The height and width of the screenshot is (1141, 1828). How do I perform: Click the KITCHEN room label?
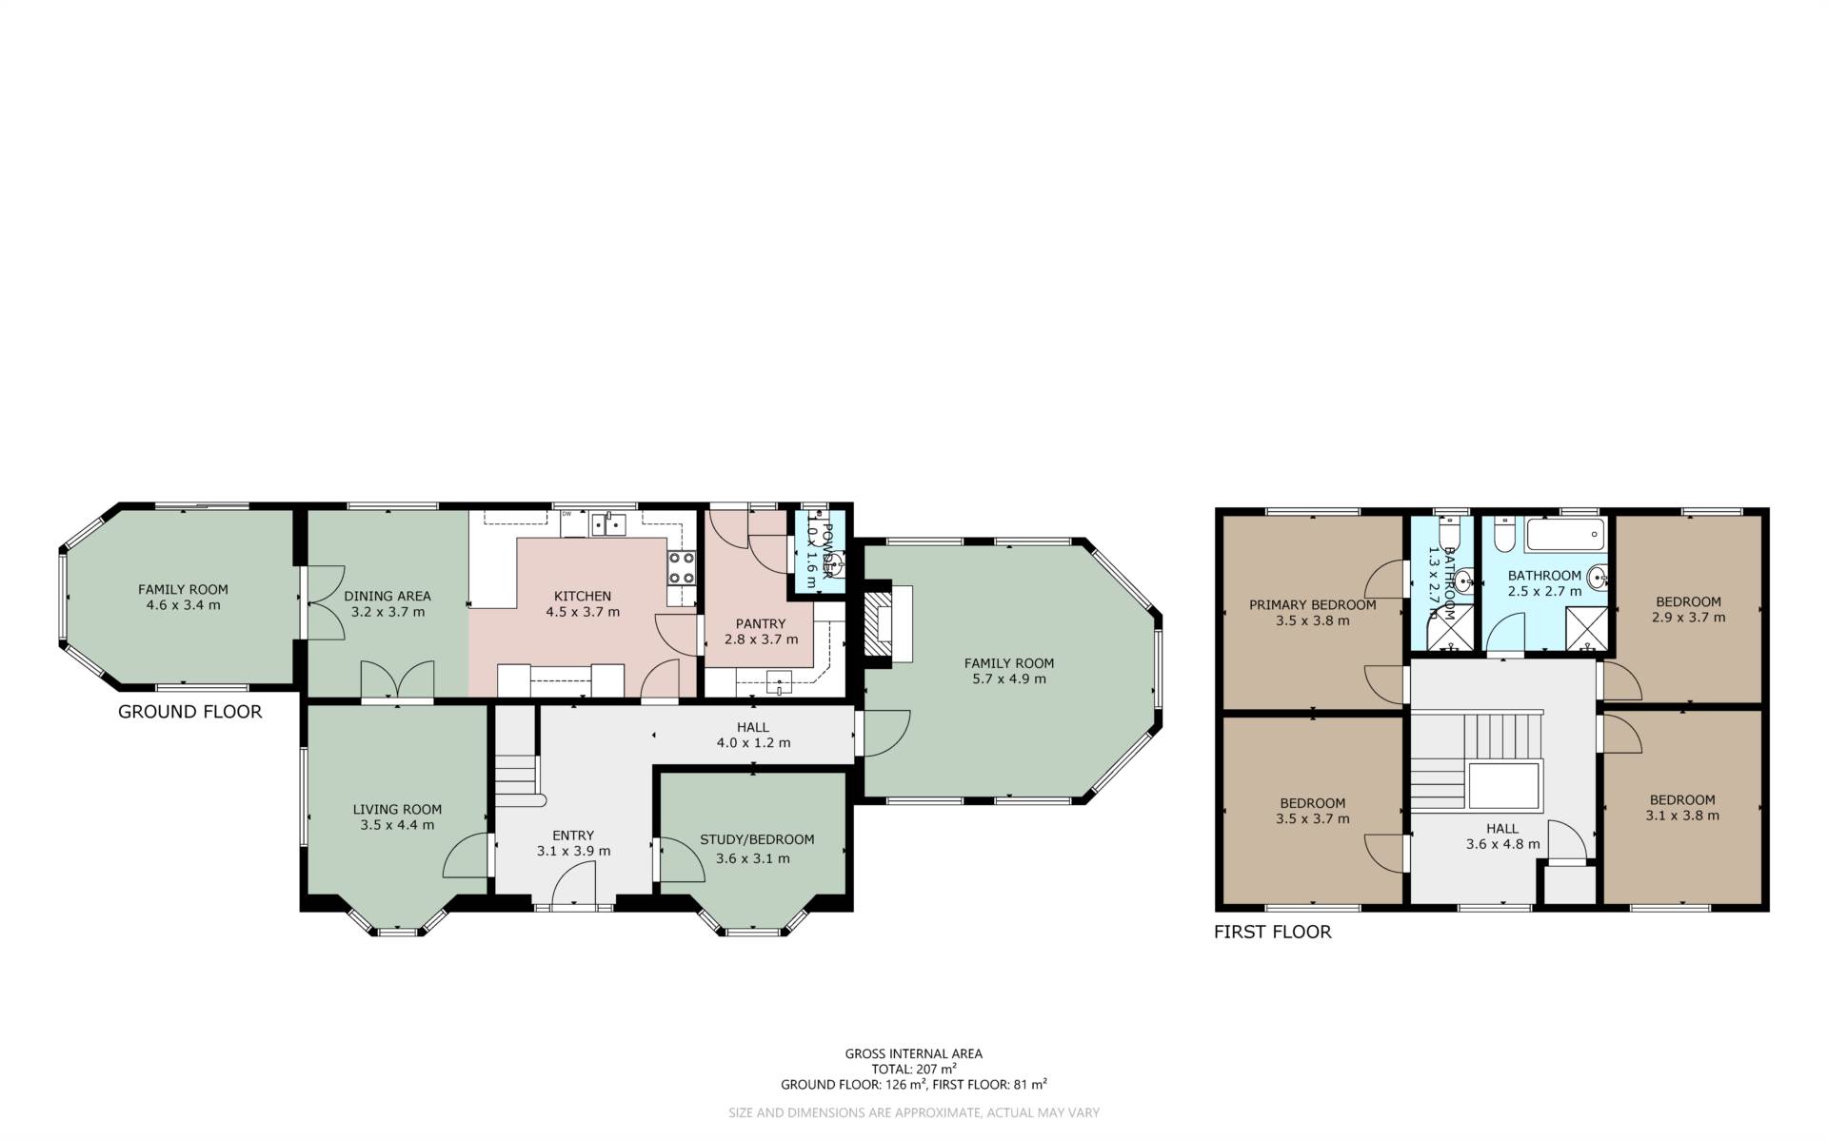pos(582,596)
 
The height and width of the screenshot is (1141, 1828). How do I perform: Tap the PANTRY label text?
pos(760,623)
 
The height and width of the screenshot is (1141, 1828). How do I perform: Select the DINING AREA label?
pos(387,596)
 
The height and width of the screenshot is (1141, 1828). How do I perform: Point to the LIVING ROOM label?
pos(397,809)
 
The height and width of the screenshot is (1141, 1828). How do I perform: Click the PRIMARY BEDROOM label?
pos(1312,604)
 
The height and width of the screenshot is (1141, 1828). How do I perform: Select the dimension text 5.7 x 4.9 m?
pos(1008,679)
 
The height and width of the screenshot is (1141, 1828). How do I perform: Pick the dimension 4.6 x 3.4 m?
pos(183,604)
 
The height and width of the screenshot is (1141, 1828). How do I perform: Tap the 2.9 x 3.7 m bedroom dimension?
pos(1688,617)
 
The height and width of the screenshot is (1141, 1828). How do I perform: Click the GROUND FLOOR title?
pos(189,712)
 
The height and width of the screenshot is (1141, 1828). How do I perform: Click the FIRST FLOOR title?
pos(1272,932)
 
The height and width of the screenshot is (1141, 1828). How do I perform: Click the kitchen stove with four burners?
pos(682,568)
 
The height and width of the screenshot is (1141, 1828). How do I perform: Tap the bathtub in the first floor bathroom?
pos(1565,535)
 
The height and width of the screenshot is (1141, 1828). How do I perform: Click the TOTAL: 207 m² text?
pos(913,1069)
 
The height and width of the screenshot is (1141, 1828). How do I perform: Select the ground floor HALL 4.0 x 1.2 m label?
pos(752,735)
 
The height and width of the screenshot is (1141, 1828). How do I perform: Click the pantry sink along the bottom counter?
pos(779,680)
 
